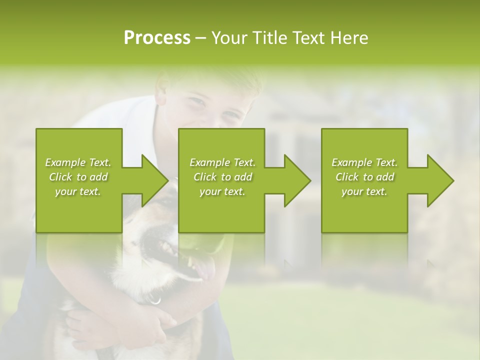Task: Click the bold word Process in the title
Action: pyautogui.click(x=157, y=38)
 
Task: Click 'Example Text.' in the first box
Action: pyautogui.click(x=78, y=162)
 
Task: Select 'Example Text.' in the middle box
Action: pyautogui.click(x=222, y=162)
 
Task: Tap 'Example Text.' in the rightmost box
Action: pyautogui.click(x=364, y=162)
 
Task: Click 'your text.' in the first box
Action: pyautogui.click(x=78, y=191)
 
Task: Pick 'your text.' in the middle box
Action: pyautogui.click(x=222, y=191)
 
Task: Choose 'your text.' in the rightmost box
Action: pyautogui.click(x=364, y=191)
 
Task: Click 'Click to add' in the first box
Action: pyautogui.click(x=78, y=177)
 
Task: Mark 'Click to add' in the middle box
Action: pyautogui.click(x=222, y=177)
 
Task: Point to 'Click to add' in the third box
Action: pyautogui.click(x=364, y=177)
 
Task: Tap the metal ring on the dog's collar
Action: pyautogui.click(x=155, y=300)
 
